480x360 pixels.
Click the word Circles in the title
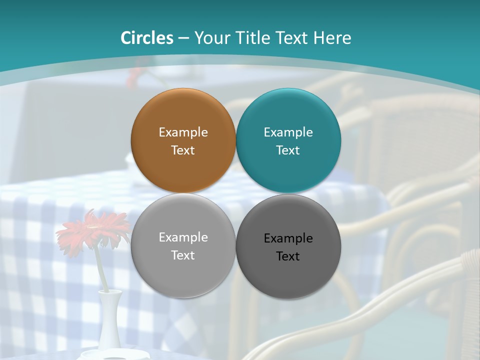pyautogui.click(x=147, y=38)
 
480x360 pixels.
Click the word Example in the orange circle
pyautogui.click(x=183, y=132)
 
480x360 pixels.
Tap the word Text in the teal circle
pyautogui.click(x=288, y=150)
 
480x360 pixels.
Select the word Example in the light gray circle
pyautogui.click(x=183, y=237)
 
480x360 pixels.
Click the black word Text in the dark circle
pyautogui.click(x=288, y=256)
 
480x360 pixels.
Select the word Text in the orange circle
pyautogui.click(x=183, y=150)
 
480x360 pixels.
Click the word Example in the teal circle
pyautogui.click(x=288, y=132)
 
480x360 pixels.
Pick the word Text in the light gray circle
pyautogui.click(x=183, y=255)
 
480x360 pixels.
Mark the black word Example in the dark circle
pyautogui.click(x=288, y=238)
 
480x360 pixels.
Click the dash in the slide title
pyautogui.click(x=183, y=38)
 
